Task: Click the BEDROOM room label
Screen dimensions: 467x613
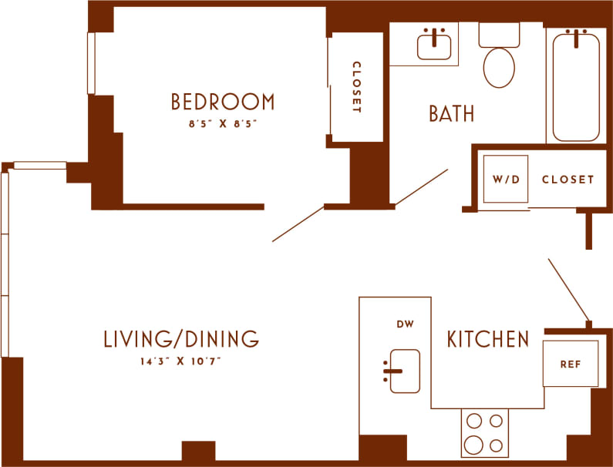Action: tap(222, 102)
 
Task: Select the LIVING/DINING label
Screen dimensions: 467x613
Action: tap(181, 339)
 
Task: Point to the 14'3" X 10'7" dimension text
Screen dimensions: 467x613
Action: tap(181, 360)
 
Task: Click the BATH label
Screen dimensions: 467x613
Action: tap(451, 114)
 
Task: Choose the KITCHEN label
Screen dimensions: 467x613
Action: tap(488, 339)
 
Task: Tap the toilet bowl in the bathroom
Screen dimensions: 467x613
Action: tap(499, 67)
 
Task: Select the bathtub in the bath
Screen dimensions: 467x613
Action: tap(575, 85)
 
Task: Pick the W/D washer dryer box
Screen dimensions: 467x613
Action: tap(506, 180)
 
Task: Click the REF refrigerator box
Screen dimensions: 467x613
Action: tap(570, 364)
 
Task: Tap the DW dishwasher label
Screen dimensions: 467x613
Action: tap(406, 324)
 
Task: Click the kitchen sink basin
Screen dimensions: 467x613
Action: tap(405, 371)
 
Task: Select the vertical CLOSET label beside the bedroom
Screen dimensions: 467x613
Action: tap(356, 87)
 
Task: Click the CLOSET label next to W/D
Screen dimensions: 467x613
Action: tap(568, 180)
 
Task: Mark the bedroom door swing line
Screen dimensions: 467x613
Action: tap(298, 223)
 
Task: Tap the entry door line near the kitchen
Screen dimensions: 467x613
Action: tap(568, 288)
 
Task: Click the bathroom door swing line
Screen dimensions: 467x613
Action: tap(421, 187)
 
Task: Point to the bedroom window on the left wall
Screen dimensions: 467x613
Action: tap(90, 63)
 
